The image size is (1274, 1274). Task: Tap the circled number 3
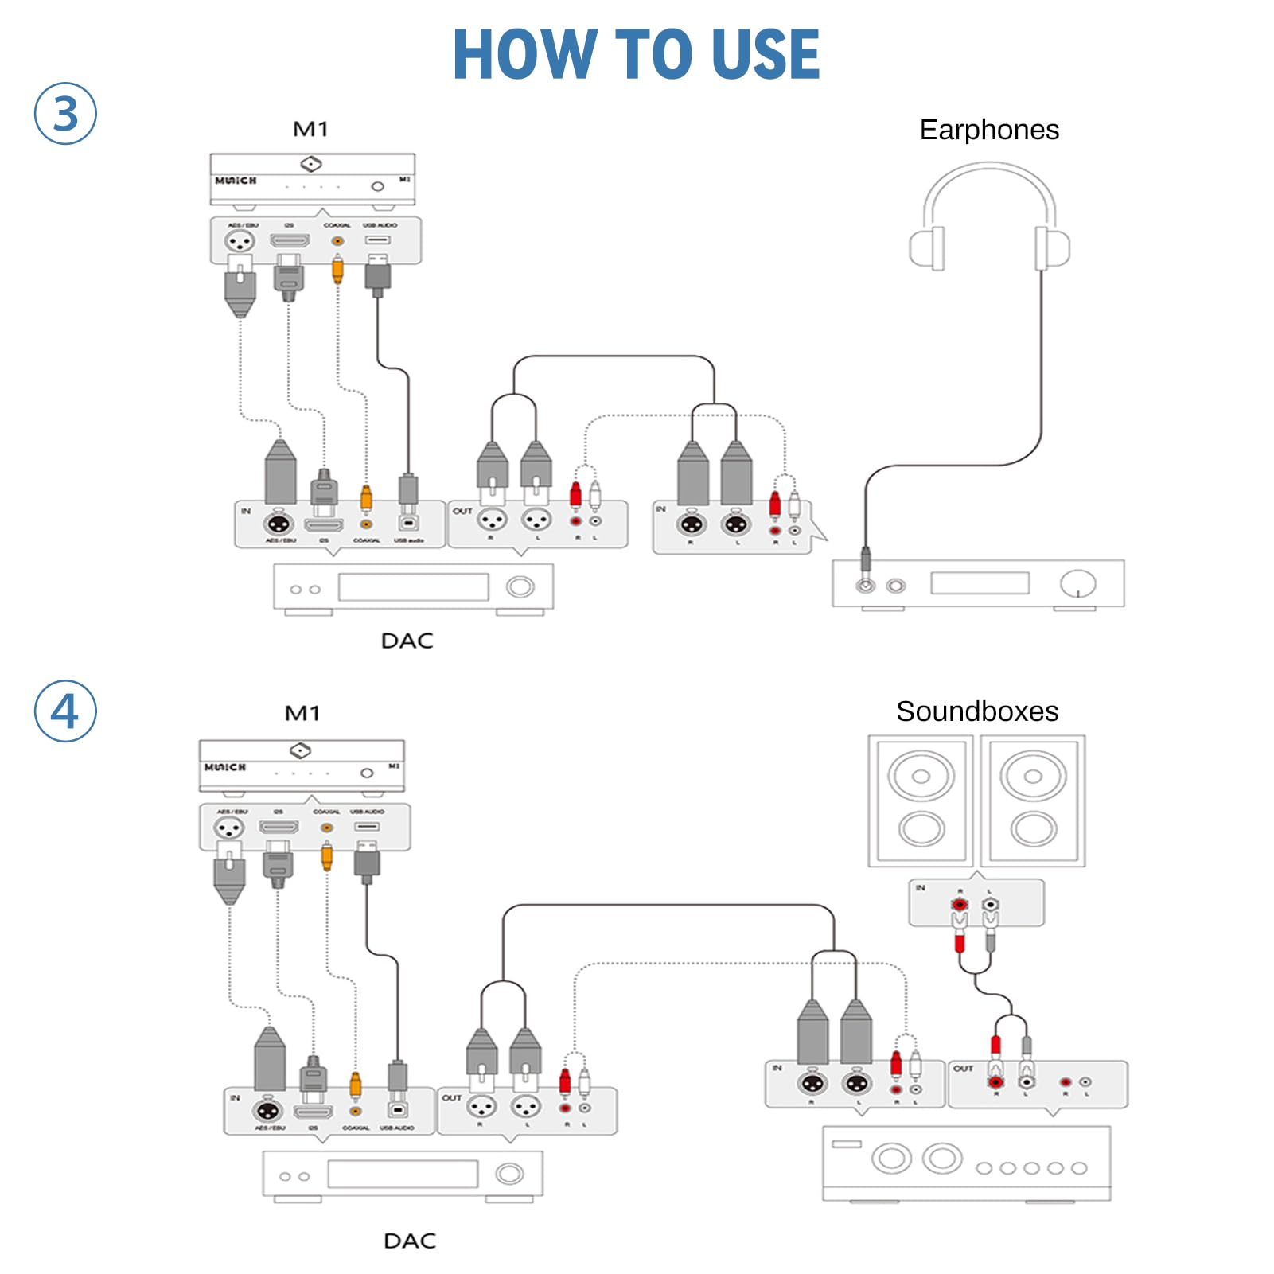[x=65, y=113]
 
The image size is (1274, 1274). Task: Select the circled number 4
[x=65, y=711]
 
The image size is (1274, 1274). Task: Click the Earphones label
[x=989, y=130]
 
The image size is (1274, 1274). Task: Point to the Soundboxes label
[x=977, y=711]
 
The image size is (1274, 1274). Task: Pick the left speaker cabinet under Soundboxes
[x=921, y=801]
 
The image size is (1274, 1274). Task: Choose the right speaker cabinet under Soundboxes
[x=1033, y=801]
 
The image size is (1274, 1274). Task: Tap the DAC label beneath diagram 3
[x=407, y=641]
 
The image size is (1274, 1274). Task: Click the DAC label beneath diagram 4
[x=410, y=1241]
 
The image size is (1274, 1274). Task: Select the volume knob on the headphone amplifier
[x=1077, y=583]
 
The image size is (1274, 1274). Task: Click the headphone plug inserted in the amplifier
[x=866, y=565]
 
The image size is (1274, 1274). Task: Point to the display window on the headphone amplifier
[x=980, y=583]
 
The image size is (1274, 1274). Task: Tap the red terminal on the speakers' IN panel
[x=960, y=905]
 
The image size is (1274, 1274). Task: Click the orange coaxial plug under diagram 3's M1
[x=337, y=271]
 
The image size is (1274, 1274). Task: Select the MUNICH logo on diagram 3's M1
[x=236, y=181]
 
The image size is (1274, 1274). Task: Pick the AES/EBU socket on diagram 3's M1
[x=240, y=240]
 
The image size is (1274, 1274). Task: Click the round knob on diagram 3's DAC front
[x=520, y=587]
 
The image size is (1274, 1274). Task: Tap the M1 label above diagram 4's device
[x=302, y=713]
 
